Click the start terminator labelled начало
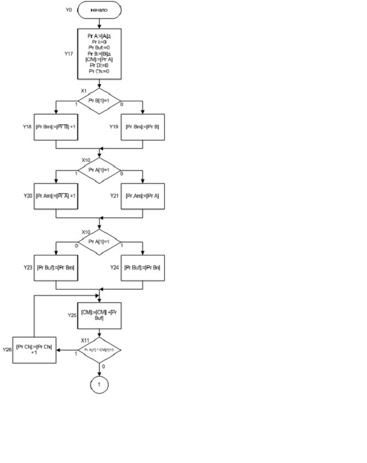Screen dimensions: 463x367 click(100, 9)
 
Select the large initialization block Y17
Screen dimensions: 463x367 click(100, 53)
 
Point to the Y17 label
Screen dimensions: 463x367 click(68, 54)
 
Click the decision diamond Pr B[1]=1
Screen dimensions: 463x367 click(100, 101)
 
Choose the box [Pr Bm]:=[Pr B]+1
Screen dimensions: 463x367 click(56, 127)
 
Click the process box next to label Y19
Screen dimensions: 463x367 click(143, 127)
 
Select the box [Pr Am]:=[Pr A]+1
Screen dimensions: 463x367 click(56, 195)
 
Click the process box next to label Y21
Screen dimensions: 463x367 click(143, 195)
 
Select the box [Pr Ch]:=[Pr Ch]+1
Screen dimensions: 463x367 click(35, 350)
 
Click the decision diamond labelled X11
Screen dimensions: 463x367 click(100, 350)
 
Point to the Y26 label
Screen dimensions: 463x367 click(7, 350)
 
